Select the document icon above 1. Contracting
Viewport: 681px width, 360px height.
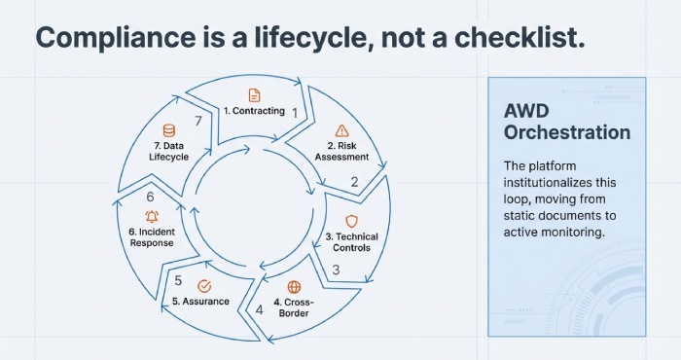[255, 94]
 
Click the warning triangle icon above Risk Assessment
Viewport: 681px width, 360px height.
[340, 130]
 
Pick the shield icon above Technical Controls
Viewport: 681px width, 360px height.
[351, 222]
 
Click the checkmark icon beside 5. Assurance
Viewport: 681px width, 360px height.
[204, 286]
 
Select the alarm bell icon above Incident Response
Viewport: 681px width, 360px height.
[152, 216]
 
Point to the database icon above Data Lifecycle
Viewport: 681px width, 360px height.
[169, 130]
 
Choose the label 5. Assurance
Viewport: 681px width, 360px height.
[201, 302]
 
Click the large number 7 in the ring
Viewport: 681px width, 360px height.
[198, 121]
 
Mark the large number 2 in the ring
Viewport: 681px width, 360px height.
[354, 181]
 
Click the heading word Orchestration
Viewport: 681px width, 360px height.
[567, 131]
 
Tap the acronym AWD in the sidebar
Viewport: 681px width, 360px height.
[527, 109]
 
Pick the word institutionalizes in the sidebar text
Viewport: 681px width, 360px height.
[546, 182]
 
